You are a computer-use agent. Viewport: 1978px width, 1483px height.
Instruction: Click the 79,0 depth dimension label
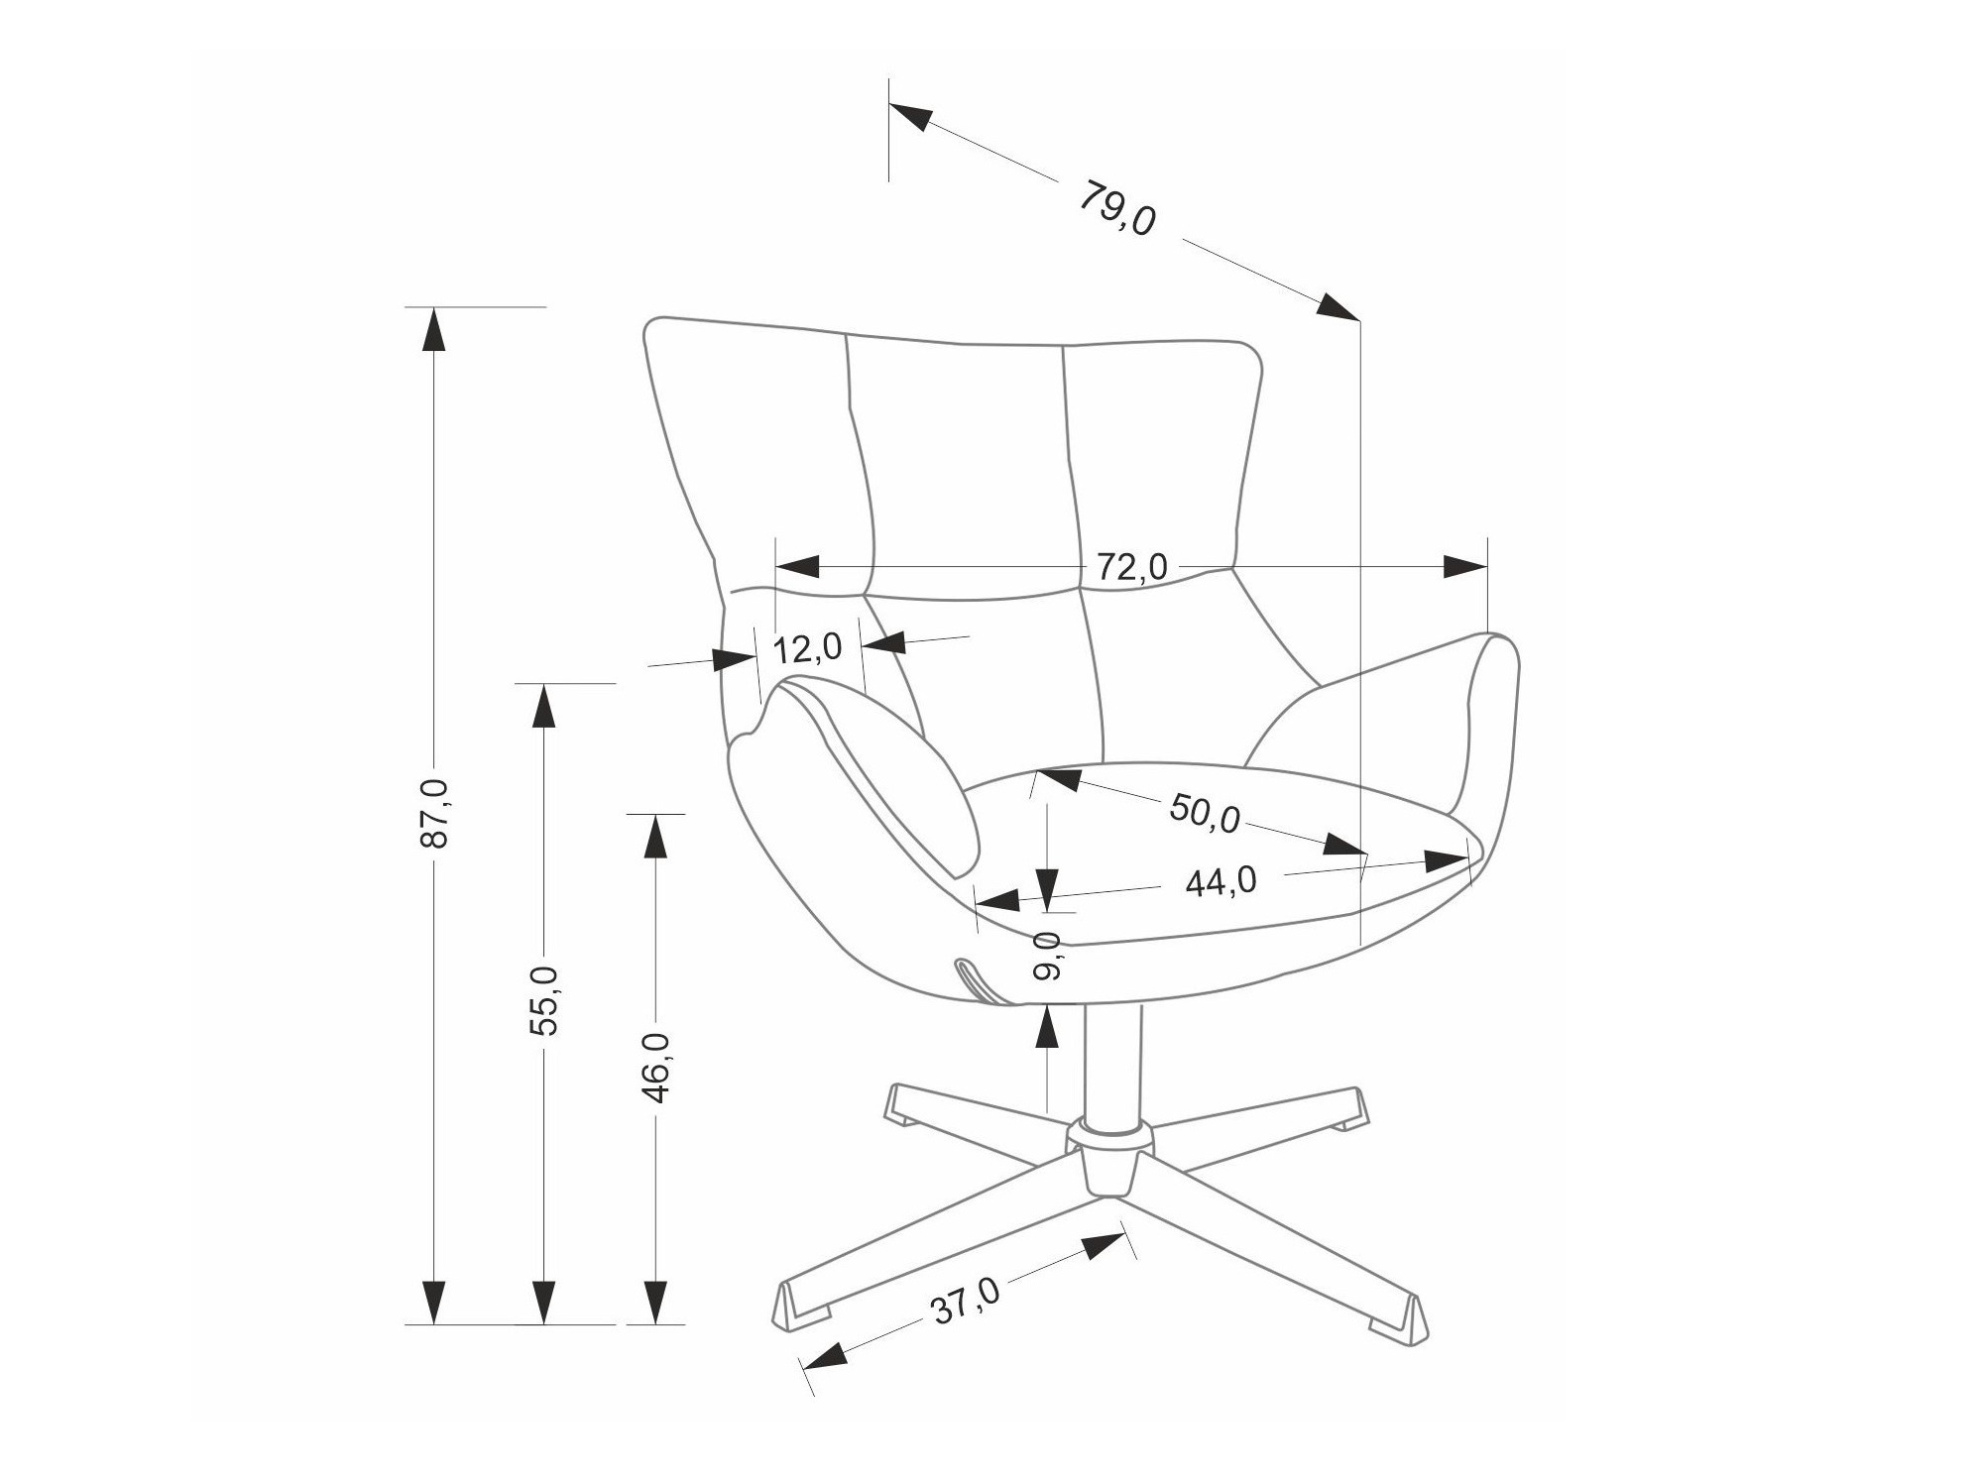[1117, 208]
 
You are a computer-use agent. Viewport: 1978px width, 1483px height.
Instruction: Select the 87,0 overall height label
[435, 813]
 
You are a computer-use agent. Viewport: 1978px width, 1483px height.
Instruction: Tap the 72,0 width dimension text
[1131, 567]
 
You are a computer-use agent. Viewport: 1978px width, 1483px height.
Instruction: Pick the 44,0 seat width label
[1221, 881]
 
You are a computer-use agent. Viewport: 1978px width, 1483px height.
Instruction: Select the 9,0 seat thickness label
[1047, 956]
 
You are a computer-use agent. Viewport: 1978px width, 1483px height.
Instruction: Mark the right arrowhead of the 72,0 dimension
[1464, 567]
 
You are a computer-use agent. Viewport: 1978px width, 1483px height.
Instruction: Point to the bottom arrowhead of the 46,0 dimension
[655, 1302]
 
